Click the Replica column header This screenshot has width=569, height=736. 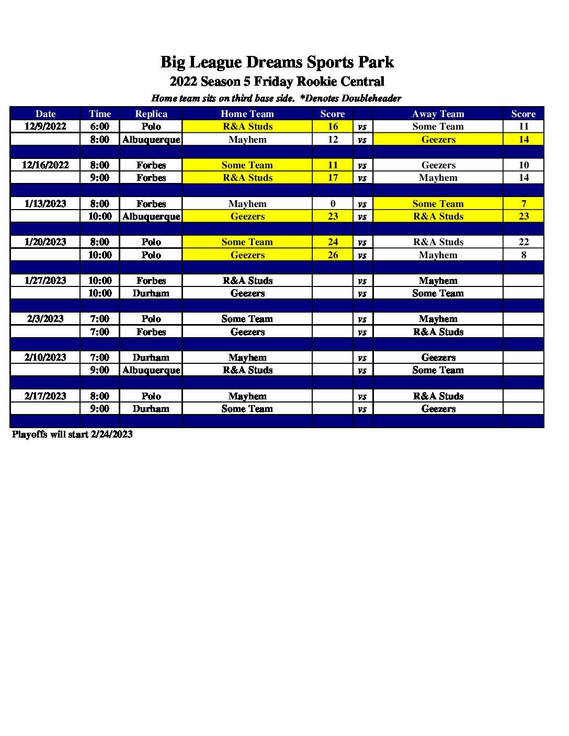151,114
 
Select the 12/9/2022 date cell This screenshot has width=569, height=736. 45,126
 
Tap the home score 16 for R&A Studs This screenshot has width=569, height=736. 333,126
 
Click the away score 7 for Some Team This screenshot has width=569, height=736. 524,204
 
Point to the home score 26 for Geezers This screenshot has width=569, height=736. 333,255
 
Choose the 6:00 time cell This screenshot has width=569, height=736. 100,126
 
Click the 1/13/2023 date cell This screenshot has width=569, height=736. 45,204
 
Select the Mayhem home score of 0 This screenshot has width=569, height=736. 333,204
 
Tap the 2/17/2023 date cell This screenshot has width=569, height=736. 45,396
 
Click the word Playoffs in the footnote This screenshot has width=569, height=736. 30,434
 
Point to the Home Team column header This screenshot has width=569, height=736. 247,114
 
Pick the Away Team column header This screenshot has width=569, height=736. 438,114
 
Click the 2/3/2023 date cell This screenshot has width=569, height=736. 45,319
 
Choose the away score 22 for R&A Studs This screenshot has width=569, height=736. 524,242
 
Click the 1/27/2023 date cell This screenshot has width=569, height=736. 45,281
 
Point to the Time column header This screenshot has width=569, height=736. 100,114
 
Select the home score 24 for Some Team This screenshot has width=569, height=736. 333,242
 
